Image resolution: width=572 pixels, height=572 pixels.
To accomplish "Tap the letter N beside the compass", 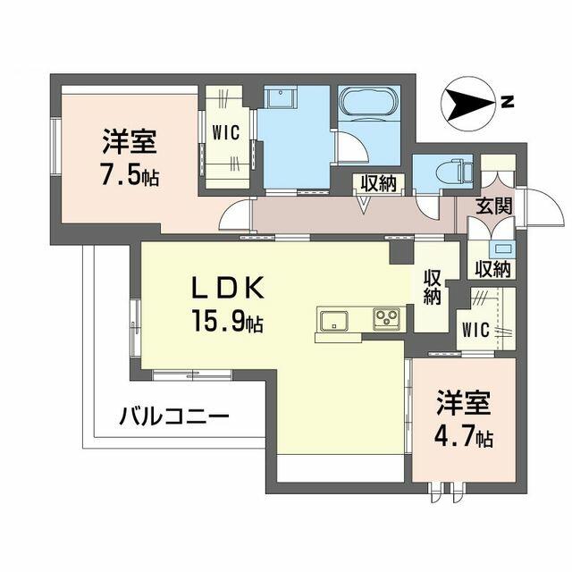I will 507,102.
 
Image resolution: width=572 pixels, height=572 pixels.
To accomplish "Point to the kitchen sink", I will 332,319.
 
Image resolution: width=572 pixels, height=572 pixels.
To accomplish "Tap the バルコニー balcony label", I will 175,416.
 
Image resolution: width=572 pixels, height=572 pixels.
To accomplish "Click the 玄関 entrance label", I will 493,206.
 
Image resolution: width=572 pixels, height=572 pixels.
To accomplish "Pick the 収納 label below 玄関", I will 492,268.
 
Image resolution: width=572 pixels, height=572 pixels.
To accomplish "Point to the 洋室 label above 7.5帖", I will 130,142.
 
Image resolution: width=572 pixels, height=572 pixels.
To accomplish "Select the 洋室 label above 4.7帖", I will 462,405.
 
